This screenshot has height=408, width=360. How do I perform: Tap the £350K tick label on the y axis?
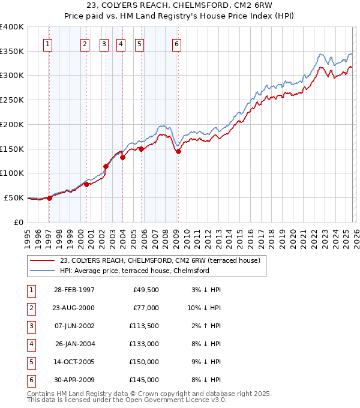12,52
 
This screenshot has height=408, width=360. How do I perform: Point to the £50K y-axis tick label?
14,197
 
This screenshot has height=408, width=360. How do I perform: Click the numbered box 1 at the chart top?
47,44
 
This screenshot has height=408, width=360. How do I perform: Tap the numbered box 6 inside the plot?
177,44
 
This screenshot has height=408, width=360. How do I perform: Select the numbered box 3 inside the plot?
104,44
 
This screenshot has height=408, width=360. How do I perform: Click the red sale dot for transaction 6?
178,152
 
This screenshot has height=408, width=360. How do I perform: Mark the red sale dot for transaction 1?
50,198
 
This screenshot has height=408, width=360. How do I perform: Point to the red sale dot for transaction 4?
122,158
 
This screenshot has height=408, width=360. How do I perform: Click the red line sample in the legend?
43,260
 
